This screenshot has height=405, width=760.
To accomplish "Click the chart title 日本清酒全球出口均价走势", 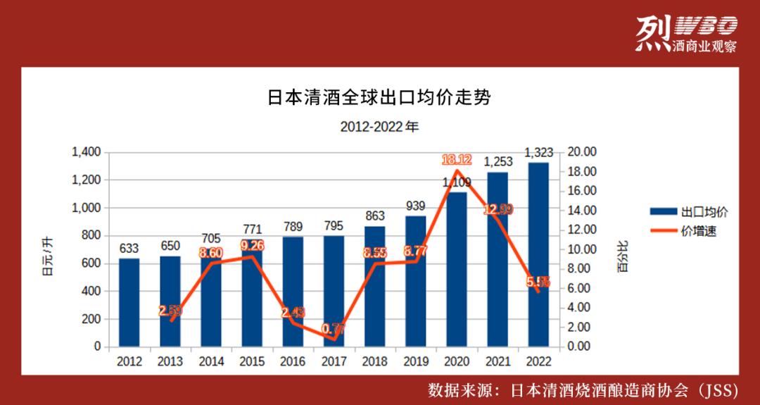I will [379, 98].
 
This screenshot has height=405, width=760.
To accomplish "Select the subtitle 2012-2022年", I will [379, 127].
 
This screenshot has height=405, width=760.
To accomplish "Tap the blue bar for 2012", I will [129, 302].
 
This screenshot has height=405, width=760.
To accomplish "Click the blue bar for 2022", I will [538, 254].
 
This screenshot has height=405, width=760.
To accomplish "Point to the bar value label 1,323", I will [539, 152].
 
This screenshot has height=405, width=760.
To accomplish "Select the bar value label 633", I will [129, 248].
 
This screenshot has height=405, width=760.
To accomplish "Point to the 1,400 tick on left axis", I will [87, 152].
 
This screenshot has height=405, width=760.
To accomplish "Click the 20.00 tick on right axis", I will [581, 152].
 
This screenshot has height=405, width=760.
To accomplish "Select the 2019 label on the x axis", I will [416, 361].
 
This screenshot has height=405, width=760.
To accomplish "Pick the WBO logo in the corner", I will [685, 35].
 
